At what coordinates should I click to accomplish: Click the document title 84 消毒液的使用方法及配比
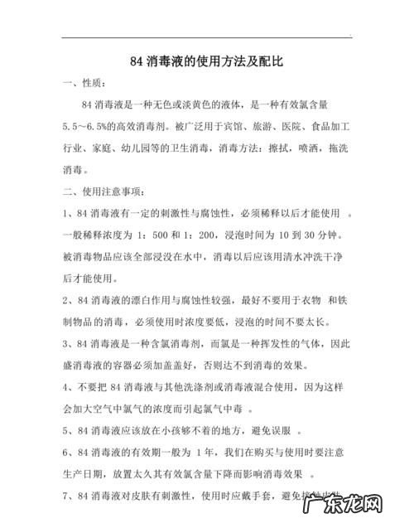coord(206,62)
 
